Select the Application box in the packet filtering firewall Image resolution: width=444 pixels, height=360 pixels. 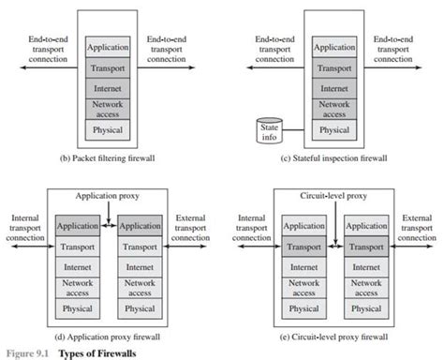pyautogui.click(x=107, y=45)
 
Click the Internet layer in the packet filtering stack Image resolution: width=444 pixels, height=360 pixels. pyautogui.click(x=107, y=87)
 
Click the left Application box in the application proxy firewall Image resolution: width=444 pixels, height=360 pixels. pyautogui.click(x=78, y=226)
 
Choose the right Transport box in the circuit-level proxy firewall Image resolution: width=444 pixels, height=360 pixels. pyautogui.click(x=364, y=247)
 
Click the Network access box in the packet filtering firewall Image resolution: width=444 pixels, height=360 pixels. pyautogui.click(x=107, y=108)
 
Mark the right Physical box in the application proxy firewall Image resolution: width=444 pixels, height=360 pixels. pyautogui.click(x=140, y=308)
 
